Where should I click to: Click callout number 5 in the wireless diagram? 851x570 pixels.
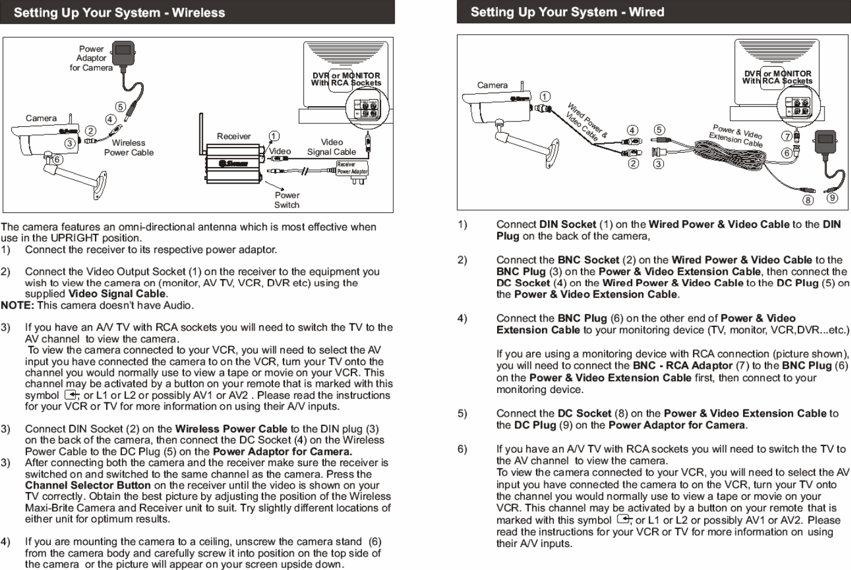pos(120,107)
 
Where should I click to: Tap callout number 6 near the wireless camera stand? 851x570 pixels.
pos(57,160)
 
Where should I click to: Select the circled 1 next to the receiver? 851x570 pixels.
pos(273,136)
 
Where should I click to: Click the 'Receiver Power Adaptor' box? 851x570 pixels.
pos(351,168)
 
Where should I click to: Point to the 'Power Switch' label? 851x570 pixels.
pos(287,200)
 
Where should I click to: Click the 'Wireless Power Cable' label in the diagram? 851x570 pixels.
pos(129,148)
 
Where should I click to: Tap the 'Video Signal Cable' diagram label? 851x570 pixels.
pos(331,147)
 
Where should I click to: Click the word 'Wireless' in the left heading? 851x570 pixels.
pos(198,12)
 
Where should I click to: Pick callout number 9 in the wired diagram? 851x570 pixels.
pos(832,198)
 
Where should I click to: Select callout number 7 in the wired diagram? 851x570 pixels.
pos(787,136)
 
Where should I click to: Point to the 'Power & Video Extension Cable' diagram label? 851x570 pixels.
pos(737,136)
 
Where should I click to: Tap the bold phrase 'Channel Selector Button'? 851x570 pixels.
pos(88,485)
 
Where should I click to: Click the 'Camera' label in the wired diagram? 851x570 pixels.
pos(492,85)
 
